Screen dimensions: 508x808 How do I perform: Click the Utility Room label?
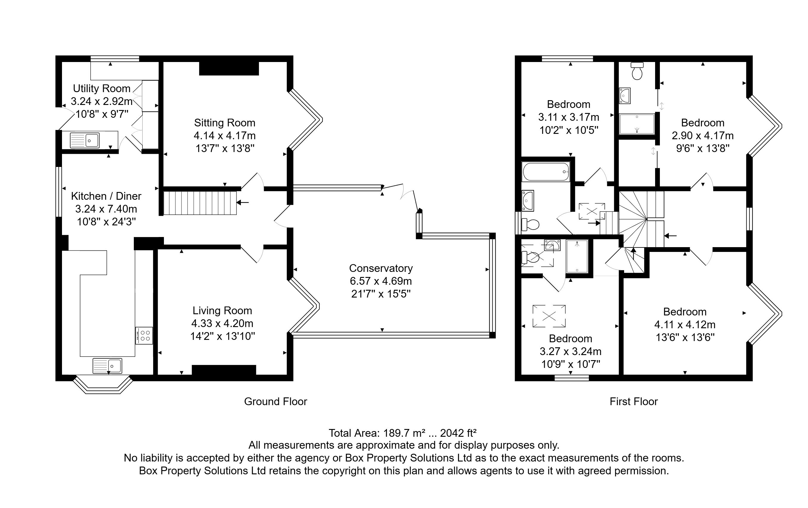coord(102,89)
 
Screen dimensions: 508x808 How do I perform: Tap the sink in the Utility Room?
coord(85,140)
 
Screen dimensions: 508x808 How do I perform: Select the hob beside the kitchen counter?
coord(145,335)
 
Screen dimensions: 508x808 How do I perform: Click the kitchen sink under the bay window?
coord(107,365)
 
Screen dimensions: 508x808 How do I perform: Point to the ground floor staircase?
coord(200,203)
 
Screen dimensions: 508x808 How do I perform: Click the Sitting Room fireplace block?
coord(229,69)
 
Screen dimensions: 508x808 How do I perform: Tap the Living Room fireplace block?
coord(224,370)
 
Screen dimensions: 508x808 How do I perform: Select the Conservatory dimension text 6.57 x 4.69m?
coord(381,281)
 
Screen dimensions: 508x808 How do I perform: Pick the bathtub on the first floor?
coord(546,172)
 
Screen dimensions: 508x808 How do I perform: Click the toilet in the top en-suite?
coord(637,71)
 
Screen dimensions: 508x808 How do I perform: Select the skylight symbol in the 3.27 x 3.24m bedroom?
coord(549,316)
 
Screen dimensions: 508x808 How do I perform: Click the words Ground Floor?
coord(275,402)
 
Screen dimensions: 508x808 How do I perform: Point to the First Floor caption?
coord(634,402)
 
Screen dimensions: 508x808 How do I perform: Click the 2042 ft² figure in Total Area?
coord(458,433)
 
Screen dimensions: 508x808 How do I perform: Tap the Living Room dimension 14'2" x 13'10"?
coord(222,336)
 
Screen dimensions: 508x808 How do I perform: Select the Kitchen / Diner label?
coord(106,196)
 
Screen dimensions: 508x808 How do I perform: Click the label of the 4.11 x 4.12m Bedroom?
coord(685,312)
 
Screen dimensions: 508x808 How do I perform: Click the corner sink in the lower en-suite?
coord(552,245)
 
